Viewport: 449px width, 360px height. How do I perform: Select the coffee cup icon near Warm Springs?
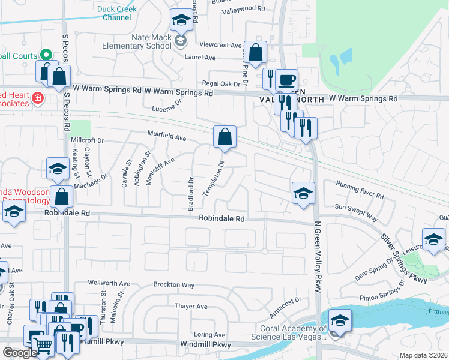click(x=287, y=80)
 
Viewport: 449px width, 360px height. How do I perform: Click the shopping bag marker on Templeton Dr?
click(x=224, y=137)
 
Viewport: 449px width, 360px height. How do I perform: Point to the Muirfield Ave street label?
click(x=167, y=137)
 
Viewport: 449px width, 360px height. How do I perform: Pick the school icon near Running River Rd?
click(x=303, y=193)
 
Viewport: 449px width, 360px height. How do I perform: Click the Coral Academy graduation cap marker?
click(x=340, y=320)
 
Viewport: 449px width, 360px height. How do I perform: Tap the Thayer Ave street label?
click(x=190, y=306)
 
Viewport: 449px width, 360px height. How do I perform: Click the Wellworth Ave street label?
click(x=109, y=283)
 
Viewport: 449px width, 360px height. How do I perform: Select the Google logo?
click(x=20, y=353)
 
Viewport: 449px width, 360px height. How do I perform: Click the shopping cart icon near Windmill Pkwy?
click(x=43, y=344)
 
